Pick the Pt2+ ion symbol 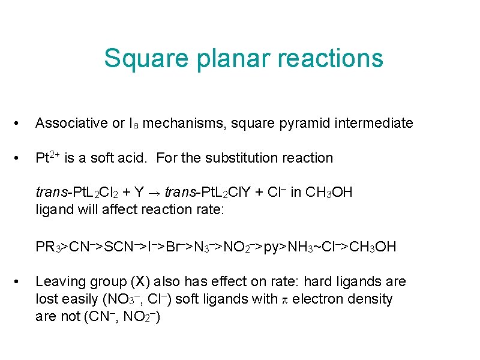point(47,158)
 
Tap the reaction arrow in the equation point(157,193)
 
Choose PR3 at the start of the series point(48,247)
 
